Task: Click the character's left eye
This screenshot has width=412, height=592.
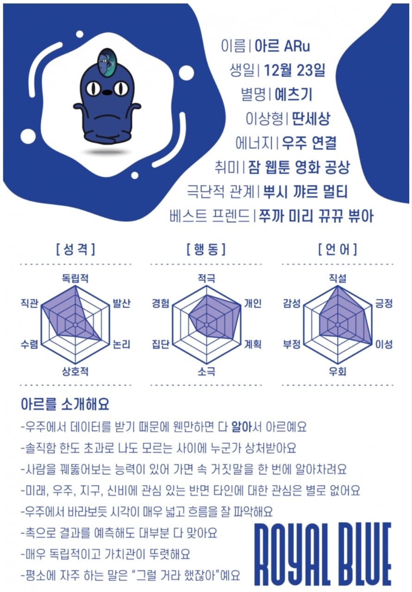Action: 94,88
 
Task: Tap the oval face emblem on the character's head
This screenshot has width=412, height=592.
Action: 106,62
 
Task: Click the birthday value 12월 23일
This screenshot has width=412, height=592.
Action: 294,70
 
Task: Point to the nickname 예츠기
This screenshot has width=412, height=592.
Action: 293,94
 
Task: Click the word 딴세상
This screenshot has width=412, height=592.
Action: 311,119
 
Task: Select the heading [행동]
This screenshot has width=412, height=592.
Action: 206,249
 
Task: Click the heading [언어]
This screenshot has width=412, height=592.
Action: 337,249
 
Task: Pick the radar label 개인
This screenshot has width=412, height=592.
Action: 252,303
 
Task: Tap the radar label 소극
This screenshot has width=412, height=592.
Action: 206,371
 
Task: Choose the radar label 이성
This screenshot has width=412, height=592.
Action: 384,344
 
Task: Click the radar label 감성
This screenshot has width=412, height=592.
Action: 292,303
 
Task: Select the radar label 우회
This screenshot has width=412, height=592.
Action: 337,371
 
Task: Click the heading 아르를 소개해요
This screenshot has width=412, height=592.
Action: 65,404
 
